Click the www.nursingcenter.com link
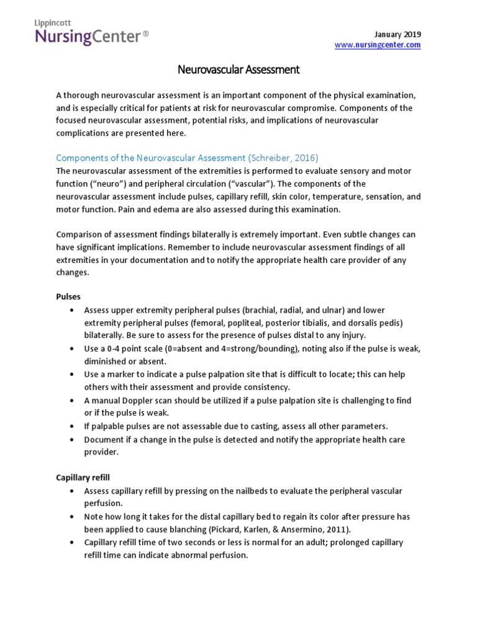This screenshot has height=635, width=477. tap(378, 45)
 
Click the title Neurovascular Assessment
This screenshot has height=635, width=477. tap(238, 70)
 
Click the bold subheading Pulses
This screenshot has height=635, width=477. tap(68, 296)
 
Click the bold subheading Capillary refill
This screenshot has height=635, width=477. tap(83, 477)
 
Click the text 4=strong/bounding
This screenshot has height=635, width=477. tap(256, 349)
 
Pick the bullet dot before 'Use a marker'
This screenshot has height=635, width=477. tap(73, 375)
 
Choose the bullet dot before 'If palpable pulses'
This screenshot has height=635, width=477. tap(73, 427)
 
